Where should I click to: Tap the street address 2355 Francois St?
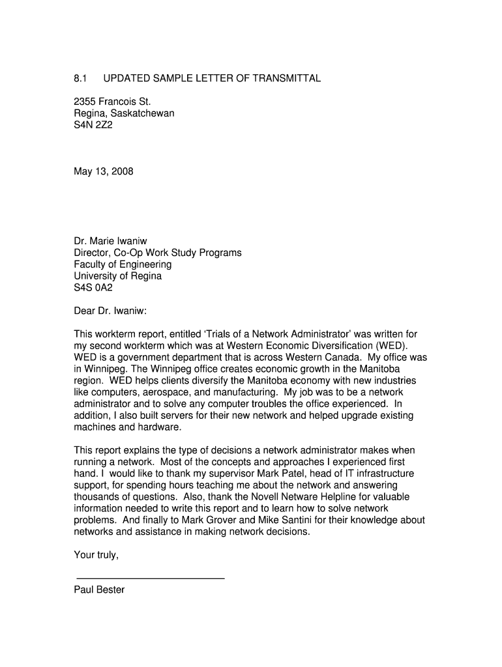coord(112,102)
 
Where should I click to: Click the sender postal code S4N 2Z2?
coord(93,125)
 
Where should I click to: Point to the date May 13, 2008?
coord(104,172)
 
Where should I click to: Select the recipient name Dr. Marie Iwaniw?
coord(111,241)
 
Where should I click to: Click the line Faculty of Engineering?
coord(123,264)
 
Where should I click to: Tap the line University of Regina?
coord(118,276)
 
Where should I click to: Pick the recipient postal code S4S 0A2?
coord(93,288)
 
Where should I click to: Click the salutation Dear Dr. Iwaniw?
coord(115,311)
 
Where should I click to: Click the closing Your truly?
coord(96,555)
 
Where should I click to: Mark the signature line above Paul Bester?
coord(151,578)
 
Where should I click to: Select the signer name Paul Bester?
coord(99,590)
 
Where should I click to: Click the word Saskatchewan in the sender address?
coord(141,113)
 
